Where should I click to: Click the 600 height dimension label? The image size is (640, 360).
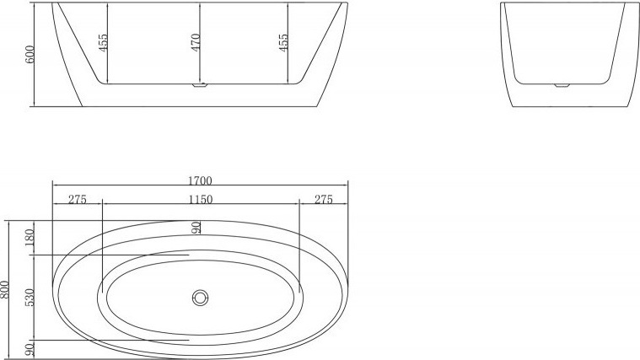pyautogui.click(x=30, y=54)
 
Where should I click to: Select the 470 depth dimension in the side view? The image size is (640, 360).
pyautogui.click(x=196, y=42)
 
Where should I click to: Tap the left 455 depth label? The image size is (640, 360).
pyautogui.click(x=103, y=42)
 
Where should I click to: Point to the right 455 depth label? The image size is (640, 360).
pyautogui.click(x=283, y=42)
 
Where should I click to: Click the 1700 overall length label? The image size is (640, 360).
pyautogui.click(x=200, y=180)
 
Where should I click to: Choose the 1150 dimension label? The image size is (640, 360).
pyautogui.click(x=201, y=199)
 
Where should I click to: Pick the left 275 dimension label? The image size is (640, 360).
pyautogui.click(x=77, y=199)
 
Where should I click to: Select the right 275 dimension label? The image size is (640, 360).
pyautogui.click(x=324, y=199)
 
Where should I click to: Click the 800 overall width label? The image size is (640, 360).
pyautogui.click(x=4, y=289)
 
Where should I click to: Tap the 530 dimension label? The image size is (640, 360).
pyautogui.click(x=30, y=298)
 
